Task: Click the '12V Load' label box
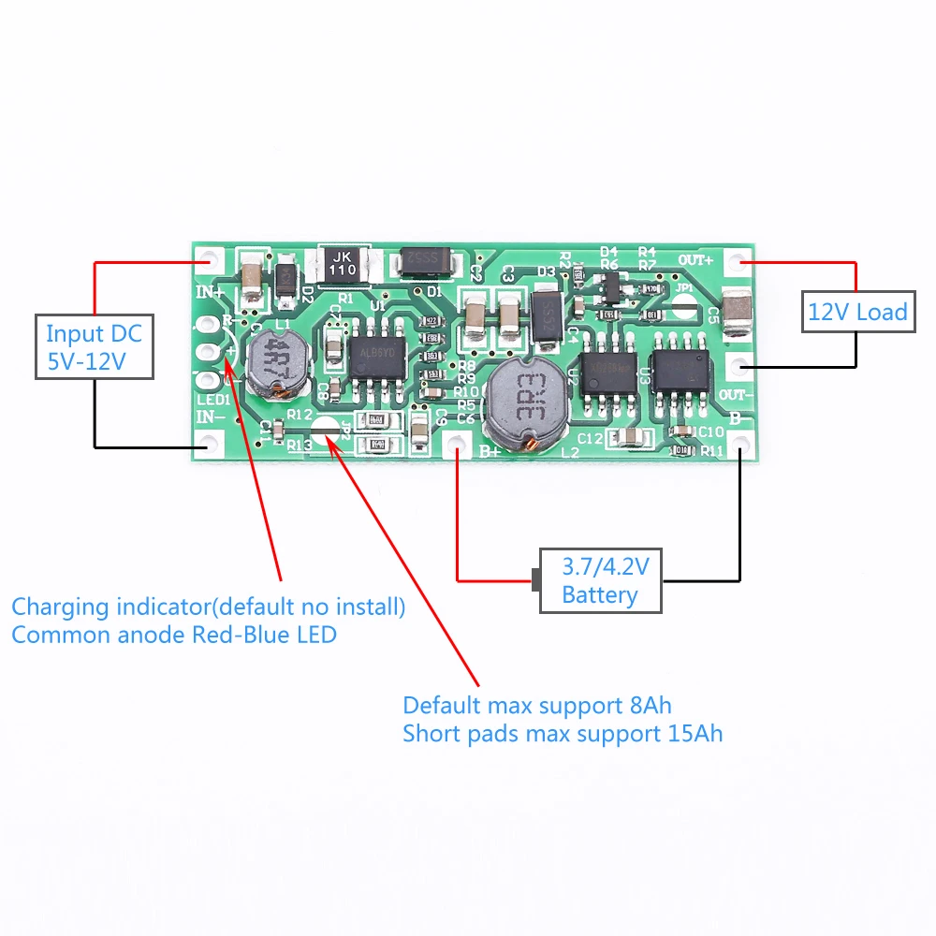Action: pos(857,311)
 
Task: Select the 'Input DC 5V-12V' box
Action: pos(95,346)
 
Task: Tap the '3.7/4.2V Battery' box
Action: pos(600,580)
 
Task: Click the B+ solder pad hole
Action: pos(458,444)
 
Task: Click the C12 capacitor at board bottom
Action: pos(629,437)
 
